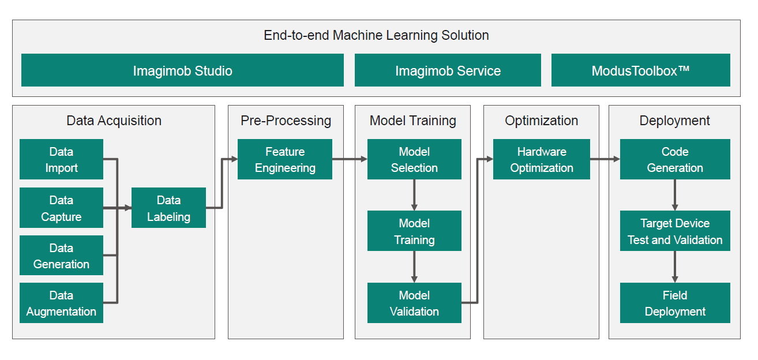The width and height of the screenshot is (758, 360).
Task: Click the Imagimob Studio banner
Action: pos(182,70)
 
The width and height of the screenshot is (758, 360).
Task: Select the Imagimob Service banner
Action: pos(448,70)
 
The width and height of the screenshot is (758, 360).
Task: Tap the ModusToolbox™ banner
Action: pos(640,70)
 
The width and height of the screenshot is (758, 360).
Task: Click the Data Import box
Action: pos(61,159)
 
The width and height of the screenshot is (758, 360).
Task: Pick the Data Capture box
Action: pos(61,208)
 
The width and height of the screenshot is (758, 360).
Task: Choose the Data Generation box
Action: pos(61,256)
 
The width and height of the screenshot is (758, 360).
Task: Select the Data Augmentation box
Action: pos(61,303)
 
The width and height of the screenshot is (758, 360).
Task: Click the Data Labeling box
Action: pos(168,208)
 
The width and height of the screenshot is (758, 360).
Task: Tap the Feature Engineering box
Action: pos(285,159)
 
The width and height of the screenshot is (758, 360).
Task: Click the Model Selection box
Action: pos(414,159)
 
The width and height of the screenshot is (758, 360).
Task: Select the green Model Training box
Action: pos(414,231)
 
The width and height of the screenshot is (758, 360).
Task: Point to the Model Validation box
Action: pos(414,303)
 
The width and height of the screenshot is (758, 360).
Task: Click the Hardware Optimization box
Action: pos(541,159)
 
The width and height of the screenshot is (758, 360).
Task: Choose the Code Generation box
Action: pos(675,159)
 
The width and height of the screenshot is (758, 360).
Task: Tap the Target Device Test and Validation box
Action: pos(675,231)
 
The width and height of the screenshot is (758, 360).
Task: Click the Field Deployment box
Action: pos(675,303)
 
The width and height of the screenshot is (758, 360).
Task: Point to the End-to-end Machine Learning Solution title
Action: pos(376,35)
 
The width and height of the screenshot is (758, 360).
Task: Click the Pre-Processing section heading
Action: pos(286,121)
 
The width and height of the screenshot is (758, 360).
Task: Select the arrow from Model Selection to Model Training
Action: pos(414,195)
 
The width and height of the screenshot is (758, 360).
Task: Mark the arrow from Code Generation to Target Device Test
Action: pos(675,195)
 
